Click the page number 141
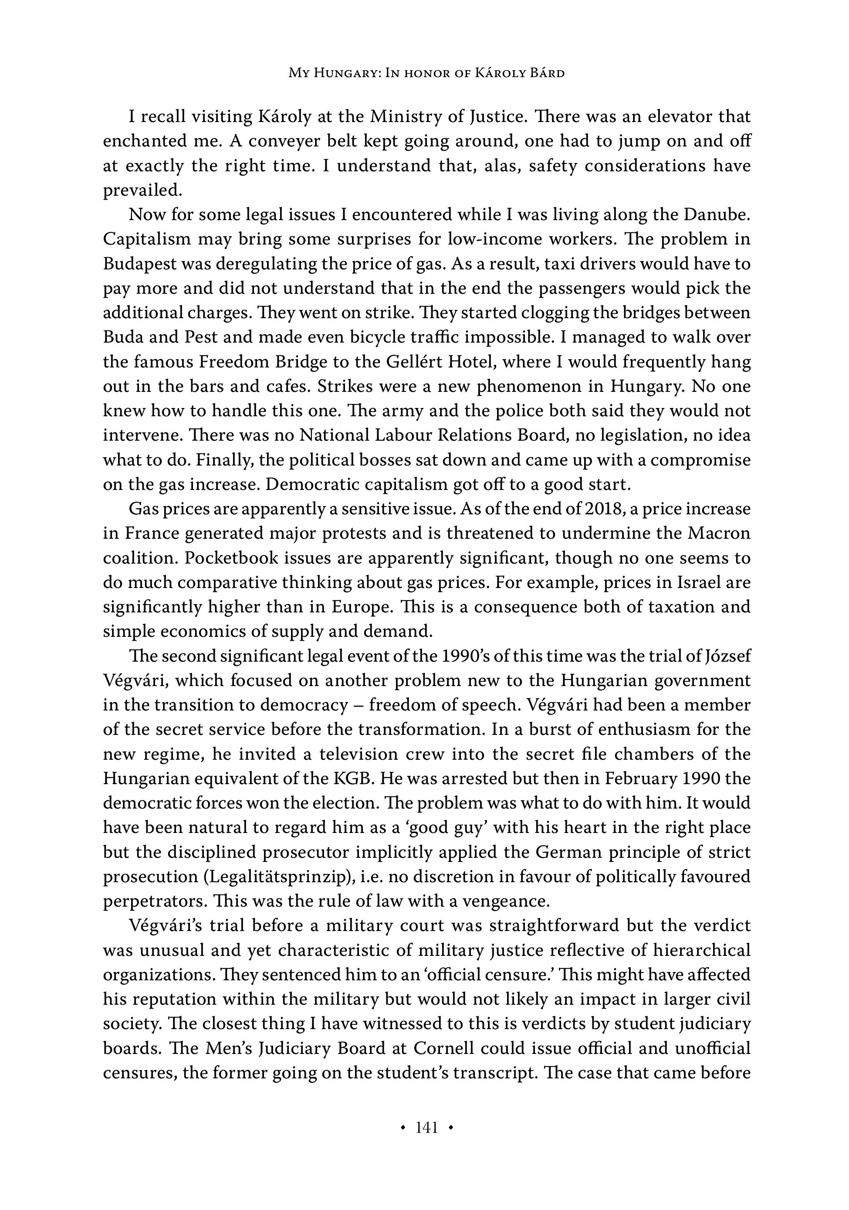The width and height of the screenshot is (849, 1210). click(426, 1127)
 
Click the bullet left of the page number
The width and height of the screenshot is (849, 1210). click(403, 1128)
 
